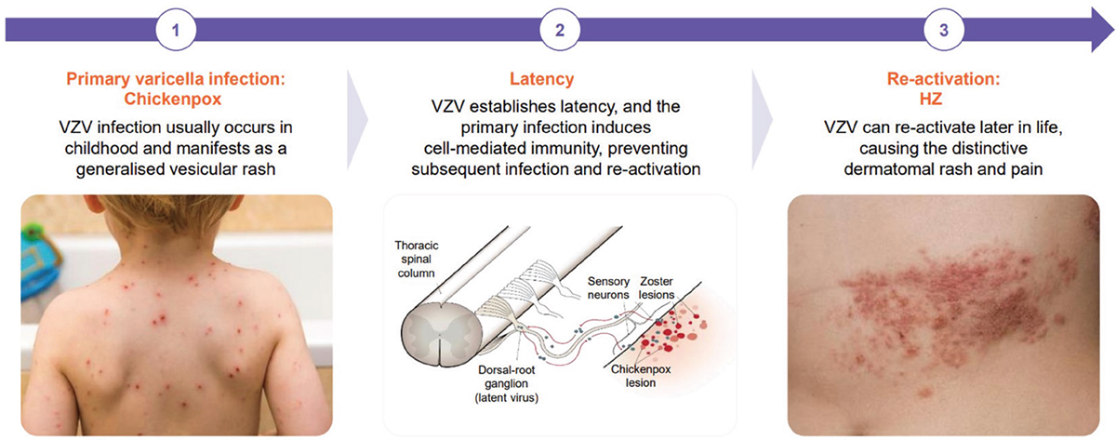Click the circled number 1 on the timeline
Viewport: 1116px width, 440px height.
(x=176, y=30)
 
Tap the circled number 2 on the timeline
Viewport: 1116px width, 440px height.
(x=560, y=30)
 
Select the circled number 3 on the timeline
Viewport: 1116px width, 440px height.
(x=944, y=30)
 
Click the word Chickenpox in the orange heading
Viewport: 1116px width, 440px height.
(x=172, y=99)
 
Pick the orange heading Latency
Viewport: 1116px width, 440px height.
(x=541, y=79)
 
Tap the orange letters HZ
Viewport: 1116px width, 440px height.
(x=931, y=99)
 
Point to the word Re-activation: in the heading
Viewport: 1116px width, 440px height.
(x=944, y=79)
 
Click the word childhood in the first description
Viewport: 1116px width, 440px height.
(x=99, y=148)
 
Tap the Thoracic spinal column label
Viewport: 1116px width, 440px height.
(x=417, y=260)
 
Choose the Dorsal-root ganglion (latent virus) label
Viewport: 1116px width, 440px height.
(x=506, y=383)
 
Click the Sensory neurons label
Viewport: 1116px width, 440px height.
(x=608, y=288)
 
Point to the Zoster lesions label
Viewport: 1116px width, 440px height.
(x=657, y=288)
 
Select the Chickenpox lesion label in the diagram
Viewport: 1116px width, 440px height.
(x=641, y=376)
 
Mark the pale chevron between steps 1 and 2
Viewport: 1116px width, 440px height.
(x=358, y=120)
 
